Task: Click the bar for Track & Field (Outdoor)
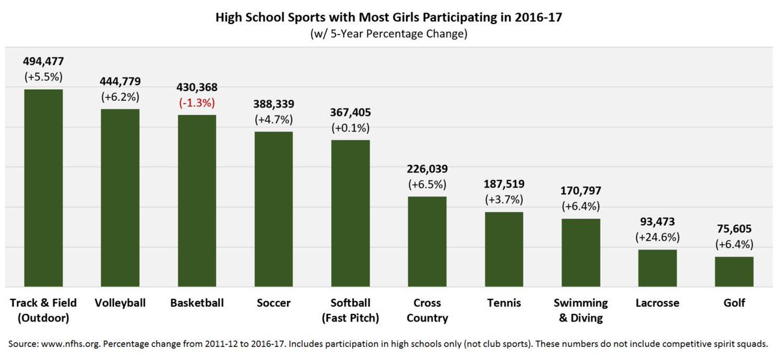[43, 188]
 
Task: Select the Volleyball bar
[120, 198]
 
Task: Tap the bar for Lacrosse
[657, 268]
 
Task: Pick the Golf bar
[734, 271]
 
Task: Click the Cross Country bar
[427, 242]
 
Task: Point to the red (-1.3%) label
[197, 103]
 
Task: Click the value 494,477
[43, 61]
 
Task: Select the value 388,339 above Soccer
[273, 104]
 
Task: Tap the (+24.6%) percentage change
[657, 238]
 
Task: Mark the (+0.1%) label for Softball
[350, 128]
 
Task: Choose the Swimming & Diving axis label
[581, 311]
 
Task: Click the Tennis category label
[504, 303]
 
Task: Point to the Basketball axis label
[197, 303]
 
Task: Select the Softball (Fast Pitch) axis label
[350, 311]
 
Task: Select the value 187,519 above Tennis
[504, 184]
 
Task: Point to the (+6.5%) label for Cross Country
[427, 184]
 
